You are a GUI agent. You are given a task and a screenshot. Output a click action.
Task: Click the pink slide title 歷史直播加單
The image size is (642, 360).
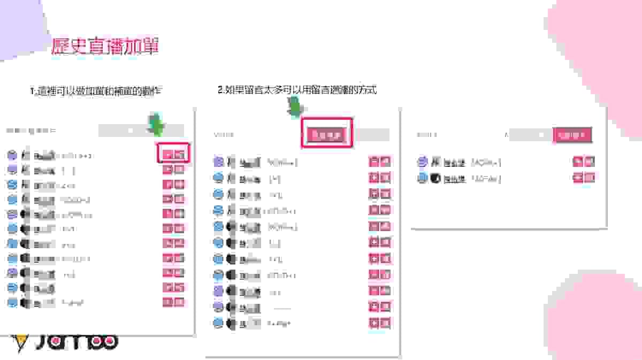click(x=105, y=47)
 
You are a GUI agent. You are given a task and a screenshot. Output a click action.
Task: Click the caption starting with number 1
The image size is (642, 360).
click(x=96, y=91)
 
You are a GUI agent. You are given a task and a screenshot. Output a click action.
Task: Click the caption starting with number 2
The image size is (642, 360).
click(x=297, y=90)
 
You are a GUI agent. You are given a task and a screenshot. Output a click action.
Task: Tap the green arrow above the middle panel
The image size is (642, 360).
click(x=294, y=109)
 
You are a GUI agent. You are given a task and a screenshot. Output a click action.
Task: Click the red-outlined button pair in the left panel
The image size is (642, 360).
click(x=174, y=154)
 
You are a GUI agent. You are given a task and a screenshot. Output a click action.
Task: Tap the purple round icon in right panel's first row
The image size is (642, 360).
click(x=422, y=162)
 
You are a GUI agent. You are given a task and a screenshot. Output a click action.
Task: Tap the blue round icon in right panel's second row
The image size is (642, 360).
click(x=422, y=178)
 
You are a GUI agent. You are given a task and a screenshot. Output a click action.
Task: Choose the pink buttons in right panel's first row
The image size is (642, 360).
click(x=584, y=162)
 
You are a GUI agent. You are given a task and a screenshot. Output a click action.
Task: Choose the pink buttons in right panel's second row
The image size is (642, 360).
click(x=584, y=178)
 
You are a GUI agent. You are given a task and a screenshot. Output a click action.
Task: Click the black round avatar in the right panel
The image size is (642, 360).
click(x=435, y=178)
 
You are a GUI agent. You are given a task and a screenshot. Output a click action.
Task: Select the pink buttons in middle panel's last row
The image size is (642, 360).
click(x=379, y=323)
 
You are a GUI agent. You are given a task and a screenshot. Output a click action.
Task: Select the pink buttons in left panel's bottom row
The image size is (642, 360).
click(x=173, y=302)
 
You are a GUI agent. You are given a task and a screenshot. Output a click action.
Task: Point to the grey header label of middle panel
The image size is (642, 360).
click(x=224, y=135)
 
